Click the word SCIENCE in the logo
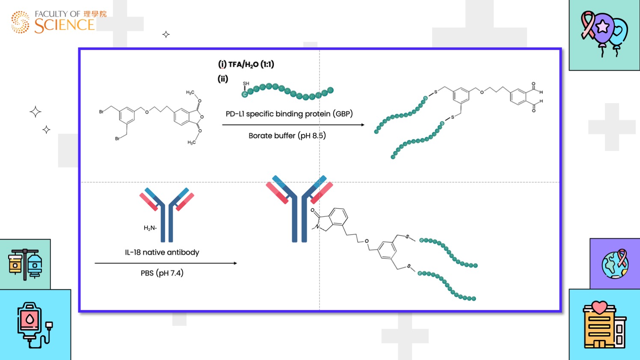pos(64,26)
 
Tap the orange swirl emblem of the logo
pos(20,22)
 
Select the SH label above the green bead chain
pos(246,84)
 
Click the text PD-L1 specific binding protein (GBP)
pos(289,114)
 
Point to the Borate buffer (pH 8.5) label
pos(287,136)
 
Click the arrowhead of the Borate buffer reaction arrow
pos(363,125)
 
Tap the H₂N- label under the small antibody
pos(150,228)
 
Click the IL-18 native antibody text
pos(162,252)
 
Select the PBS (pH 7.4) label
pos(162,273)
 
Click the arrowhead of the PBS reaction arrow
pos(235,263)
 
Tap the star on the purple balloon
pos(603,27)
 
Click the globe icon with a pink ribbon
pos(615,264)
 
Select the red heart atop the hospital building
pos(600,307)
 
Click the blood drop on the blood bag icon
pos(30,319)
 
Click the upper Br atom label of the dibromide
pos(101,112)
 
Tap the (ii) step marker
pos(223,79)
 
